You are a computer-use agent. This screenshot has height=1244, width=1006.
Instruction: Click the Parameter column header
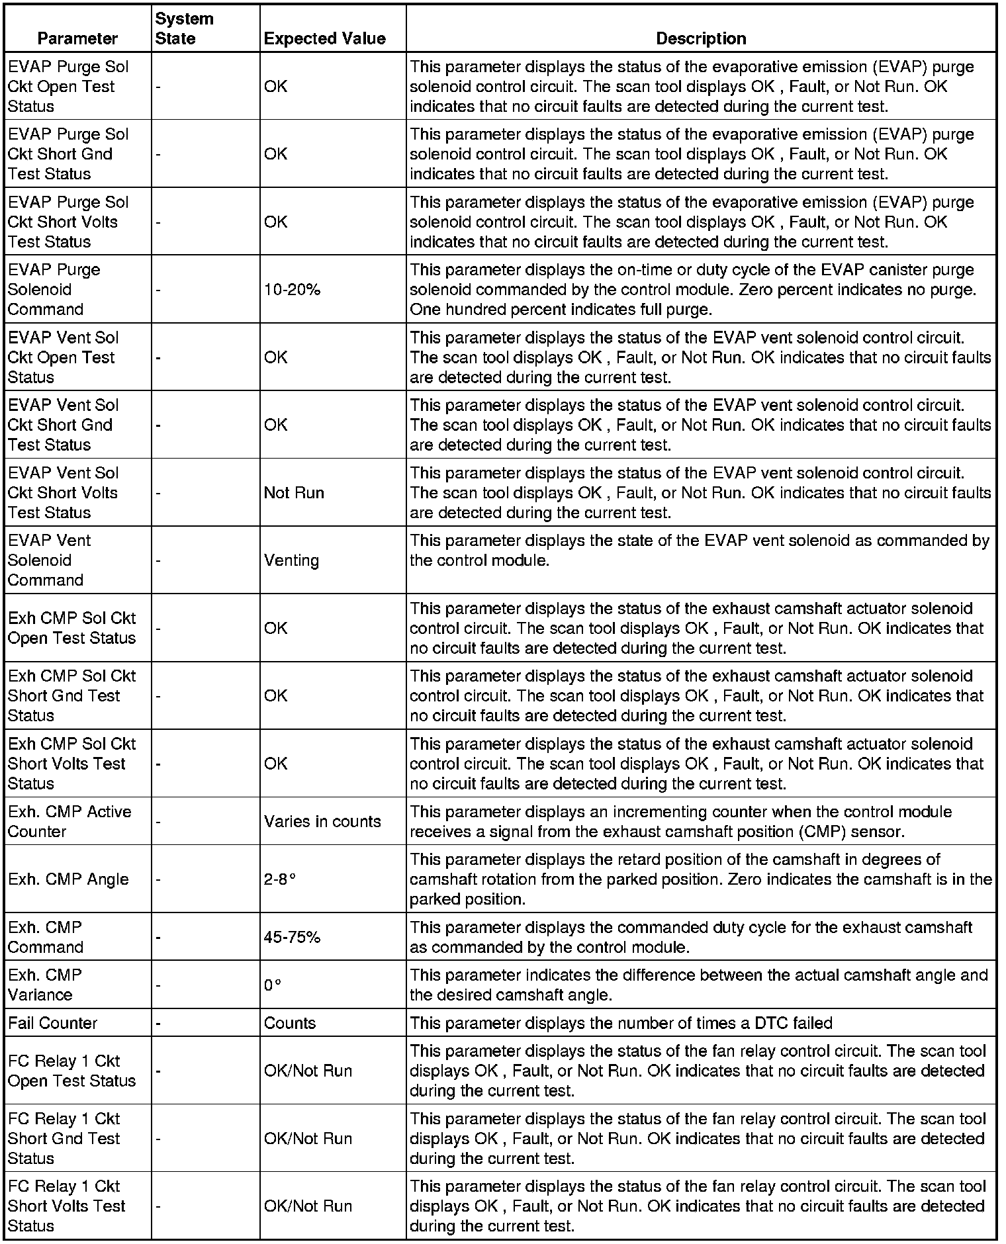(x=77, y=38)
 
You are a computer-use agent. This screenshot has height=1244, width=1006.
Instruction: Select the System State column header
(x=184, y=28)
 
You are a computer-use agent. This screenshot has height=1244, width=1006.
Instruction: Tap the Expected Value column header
(x=324, y=38)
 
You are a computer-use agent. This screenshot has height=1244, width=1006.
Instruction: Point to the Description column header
(x=701, y=38)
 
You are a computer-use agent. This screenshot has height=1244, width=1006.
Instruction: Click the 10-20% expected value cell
(x=292, y=290)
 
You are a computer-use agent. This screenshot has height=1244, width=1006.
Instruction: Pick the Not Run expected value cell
(x=294, y=493)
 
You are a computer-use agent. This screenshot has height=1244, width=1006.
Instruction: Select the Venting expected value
(x=291, y=560)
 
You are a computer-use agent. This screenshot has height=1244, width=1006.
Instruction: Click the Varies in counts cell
(x=322, y=821)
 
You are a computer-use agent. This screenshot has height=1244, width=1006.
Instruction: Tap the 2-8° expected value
(x=279, y=879)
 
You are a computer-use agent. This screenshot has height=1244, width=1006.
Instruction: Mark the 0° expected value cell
(x=273, y=985)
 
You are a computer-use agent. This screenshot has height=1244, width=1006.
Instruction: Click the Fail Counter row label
(x=52, y=1023)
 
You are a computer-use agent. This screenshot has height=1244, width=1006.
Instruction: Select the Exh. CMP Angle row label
(x=68, y=879)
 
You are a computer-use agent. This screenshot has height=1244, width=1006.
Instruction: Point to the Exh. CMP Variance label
(x=44, y=985)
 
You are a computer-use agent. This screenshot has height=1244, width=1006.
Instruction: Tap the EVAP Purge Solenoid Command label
(x=54, y=290)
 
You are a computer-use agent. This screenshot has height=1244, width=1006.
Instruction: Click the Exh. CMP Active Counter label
(x=69, y=821)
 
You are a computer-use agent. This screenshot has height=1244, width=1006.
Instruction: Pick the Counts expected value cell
(x=290, y=1023)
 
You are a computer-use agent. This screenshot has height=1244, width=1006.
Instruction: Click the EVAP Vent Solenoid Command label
(x=49, y=560)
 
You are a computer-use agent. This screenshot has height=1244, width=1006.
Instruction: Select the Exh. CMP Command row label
(x=45, y=937)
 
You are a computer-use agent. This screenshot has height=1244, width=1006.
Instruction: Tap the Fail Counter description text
(x=621, y=1023)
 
